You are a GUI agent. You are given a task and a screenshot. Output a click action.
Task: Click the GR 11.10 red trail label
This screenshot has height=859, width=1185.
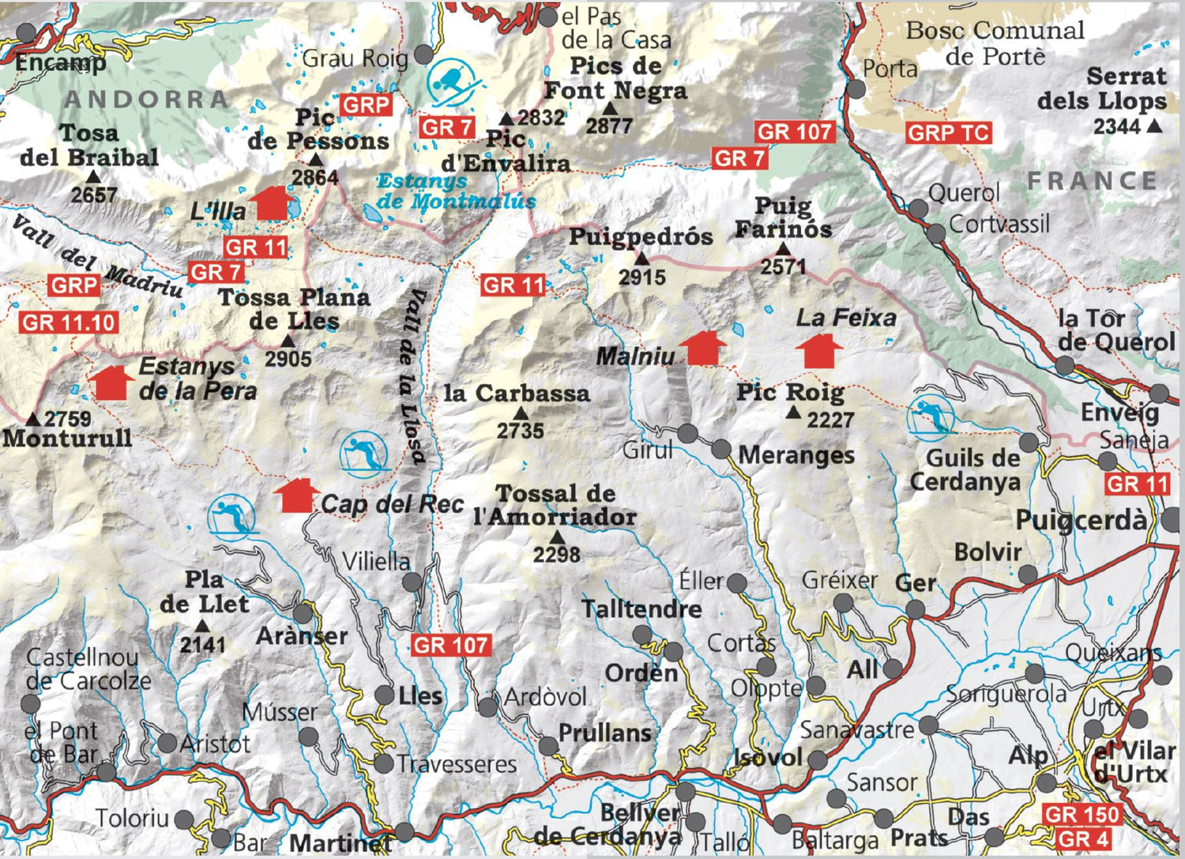point(70,322)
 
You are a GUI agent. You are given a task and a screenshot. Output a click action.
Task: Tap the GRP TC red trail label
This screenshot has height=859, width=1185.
point(948,133)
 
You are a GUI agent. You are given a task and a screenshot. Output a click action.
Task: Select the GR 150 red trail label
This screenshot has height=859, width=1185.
point(1081,815)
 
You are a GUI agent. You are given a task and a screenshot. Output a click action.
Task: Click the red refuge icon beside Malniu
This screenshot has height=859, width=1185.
point(702,348)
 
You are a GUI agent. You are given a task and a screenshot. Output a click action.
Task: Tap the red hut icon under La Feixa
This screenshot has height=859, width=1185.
point(819,352)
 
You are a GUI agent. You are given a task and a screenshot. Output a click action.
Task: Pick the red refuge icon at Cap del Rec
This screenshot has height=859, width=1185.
point(296,495)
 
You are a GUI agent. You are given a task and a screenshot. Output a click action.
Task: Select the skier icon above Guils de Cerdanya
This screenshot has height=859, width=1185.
point(931,416)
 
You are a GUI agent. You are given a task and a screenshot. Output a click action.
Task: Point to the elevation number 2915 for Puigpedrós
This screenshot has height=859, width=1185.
point(641,277)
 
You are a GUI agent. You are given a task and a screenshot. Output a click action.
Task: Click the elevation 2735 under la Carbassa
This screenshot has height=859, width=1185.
point(520,431)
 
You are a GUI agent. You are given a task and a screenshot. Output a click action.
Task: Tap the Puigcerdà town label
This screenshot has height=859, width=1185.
point(1080,521)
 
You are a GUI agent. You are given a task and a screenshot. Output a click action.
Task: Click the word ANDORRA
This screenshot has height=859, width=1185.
point(147,100)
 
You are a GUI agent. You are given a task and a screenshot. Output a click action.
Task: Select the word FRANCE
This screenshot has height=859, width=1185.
point(1093,181)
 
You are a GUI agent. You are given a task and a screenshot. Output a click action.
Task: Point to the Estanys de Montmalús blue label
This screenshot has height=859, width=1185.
point(456,191)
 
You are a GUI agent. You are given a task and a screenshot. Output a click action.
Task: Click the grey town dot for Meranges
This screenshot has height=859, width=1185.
point(720,450)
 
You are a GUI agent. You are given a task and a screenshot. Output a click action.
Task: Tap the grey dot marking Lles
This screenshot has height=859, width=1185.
point(384,695)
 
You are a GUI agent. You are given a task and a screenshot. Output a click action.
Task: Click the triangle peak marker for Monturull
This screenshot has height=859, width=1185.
point(33,419)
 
